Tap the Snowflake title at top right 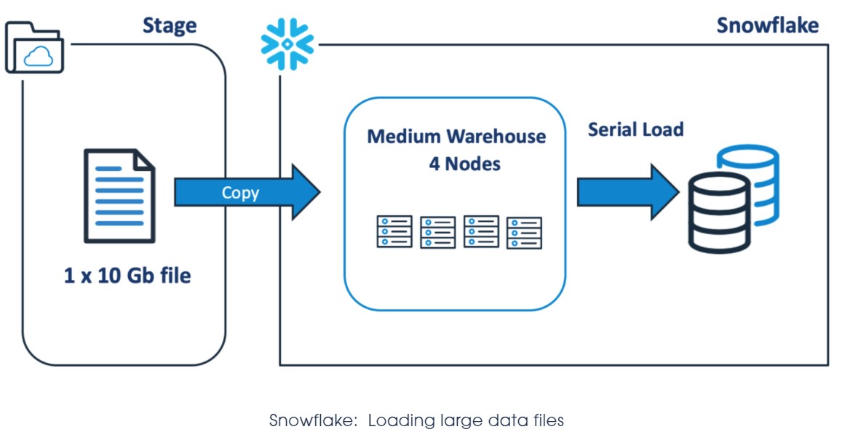(x=767, y=25)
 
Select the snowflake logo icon (x=287, y=44)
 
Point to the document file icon (x=119, y=195)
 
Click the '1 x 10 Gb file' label (x=127, y=276)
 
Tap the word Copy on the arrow (x=240, y=193)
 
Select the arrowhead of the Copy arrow (x=305, y=192)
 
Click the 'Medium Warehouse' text (x=456, y=137)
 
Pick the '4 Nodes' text (x=464, y=164)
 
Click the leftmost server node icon (x=394, y=231)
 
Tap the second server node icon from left (x=437, y=232)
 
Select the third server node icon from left (x=481, y=231)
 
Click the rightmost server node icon (x=524, y=232)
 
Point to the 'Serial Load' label (x=635, y=129)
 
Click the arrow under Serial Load (x=627, y=192)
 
